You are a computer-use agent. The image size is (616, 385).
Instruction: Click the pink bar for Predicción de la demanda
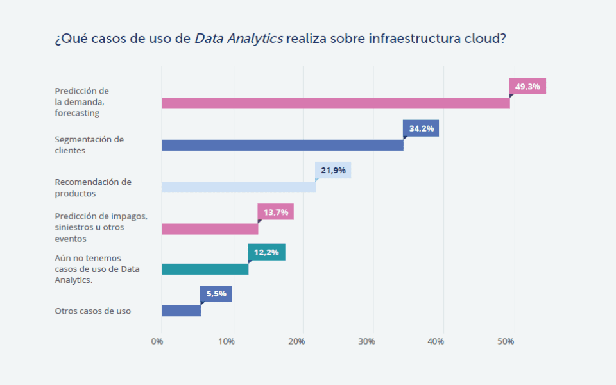tap(336, 103)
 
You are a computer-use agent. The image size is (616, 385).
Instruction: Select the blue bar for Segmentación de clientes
tap(282, 145)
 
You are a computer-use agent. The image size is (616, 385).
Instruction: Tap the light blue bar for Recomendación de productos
tap(238, 187)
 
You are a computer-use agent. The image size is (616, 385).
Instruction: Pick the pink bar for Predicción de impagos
tap(210, 229)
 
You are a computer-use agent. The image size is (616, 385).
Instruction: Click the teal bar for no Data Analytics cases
tap(205, 269)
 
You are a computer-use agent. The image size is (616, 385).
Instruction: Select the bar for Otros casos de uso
tap(181, 311)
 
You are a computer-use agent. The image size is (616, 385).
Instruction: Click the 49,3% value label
tap(527, 87)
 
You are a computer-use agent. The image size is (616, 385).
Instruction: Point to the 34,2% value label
tap(421, 128)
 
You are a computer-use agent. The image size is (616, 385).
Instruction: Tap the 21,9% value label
tap(333, 170)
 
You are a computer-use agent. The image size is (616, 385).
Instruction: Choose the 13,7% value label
tap(276, 212)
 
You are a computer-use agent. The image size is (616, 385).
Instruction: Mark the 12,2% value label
tap(266, 252)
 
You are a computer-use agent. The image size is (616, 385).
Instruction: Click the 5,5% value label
tap(216, 294)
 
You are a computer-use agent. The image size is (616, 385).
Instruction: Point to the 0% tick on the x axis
tap(157, 341)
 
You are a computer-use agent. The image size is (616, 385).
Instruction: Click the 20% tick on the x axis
tap(296, 341)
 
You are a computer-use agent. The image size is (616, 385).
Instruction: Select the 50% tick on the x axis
tap(506, 341)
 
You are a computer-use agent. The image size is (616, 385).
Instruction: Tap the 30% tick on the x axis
tap(366, 341)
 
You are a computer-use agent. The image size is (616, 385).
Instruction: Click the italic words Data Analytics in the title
tap(238, 38)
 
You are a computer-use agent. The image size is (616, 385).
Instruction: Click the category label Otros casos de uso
tap(93, 311)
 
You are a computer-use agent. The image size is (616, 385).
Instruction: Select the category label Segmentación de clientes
tap(89, 145)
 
